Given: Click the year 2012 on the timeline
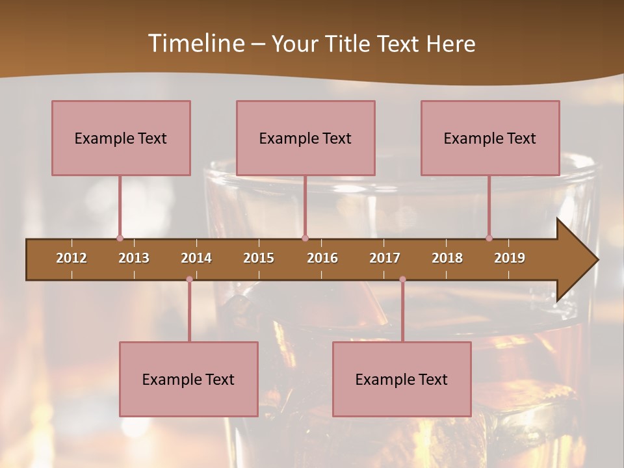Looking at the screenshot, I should [x=71, y=258].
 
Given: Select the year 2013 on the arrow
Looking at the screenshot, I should [x=134, y=258].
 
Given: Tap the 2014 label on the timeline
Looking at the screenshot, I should [x=196, y=258].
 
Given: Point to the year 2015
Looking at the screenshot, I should [x=259, y=258].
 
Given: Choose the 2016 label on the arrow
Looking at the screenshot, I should [x=322, y=258].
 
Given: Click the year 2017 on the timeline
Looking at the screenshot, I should [x=385, y=258].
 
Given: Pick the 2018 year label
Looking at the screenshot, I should [x=447, y=258].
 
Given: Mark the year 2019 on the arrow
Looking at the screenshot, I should [x=510, y=258].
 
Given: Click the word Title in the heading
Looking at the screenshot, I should [x=350, y=44].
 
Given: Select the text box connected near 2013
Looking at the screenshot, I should [x=121, y=138].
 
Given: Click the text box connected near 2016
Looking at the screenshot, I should [x=305, y=138].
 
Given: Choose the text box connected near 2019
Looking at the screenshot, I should [x=490, y=138].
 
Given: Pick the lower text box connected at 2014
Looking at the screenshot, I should [x=188, y=379].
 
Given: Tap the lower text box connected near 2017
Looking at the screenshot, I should [x=402, y=379].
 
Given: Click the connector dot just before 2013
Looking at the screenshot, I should [x=120, y=239].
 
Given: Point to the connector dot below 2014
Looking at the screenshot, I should [x=189, y=279].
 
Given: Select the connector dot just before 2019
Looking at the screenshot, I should [x=489, y=239].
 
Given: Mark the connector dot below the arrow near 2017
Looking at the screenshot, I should [x=402, y=279].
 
